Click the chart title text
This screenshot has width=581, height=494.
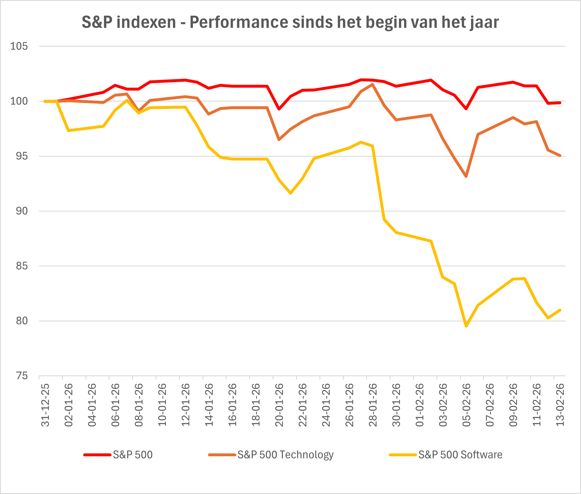click(290, 22)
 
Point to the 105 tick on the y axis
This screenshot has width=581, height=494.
click(19, 46)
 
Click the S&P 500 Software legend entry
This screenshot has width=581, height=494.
click(460, 455)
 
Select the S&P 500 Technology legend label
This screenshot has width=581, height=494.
click(285, 455)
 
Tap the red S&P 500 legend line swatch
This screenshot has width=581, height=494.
click(97, 455)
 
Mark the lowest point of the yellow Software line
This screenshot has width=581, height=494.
click(466, 326)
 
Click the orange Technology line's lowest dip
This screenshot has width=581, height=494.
click(466, 176)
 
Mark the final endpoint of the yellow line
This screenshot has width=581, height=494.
click(560, 310)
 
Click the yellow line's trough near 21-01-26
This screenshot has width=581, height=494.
click(291, 193)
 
